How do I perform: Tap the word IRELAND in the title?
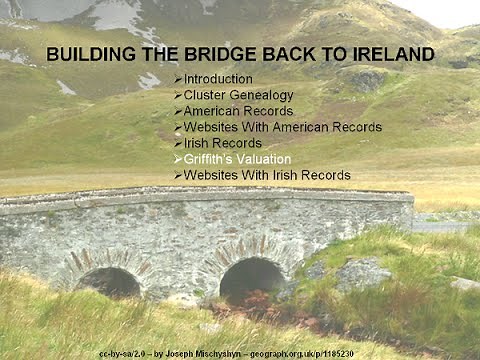point(391,54)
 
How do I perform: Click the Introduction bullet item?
point(218,79)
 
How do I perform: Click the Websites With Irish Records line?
point(266,175)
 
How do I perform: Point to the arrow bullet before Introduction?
point(177,79)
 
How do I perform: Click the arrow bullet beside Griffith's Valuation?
point(177,159)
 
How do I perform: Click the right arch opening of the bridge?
point(252,278)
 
